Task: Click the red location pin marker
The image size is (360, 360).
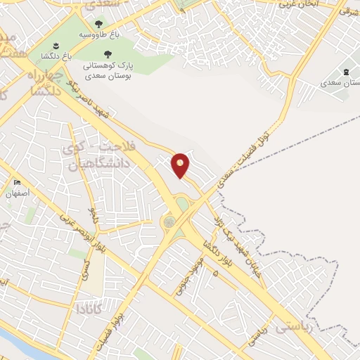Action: point(181,165)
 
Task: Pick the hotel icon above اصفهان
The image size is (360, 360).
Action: point(17,183)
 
